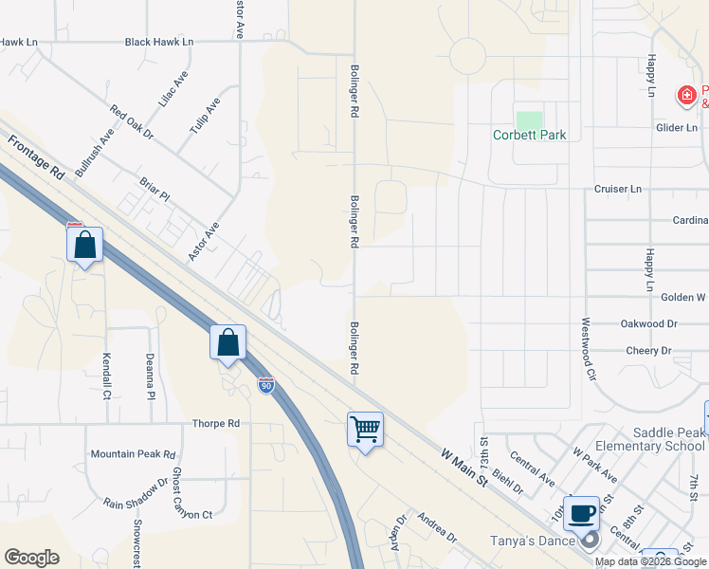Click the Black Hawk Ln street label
click(x=159, y=43)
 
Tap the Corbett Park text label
click(x=529, y=136)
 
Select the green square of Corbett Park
click(x=529, y=121)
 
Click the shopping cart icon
click(x=365, y=429)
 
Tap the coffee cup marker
click(x=581, y=513)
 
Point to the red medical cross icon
click(x=685, y=95)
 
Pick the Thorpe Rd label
click(x=216, y=424)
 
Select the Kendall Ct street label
click(x=106, y=376)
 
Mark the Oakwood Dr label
click(x=649, y=323)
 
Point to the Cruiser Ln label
click(x=618, y=189)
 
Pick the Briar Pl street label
click(x=154, y=190)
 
